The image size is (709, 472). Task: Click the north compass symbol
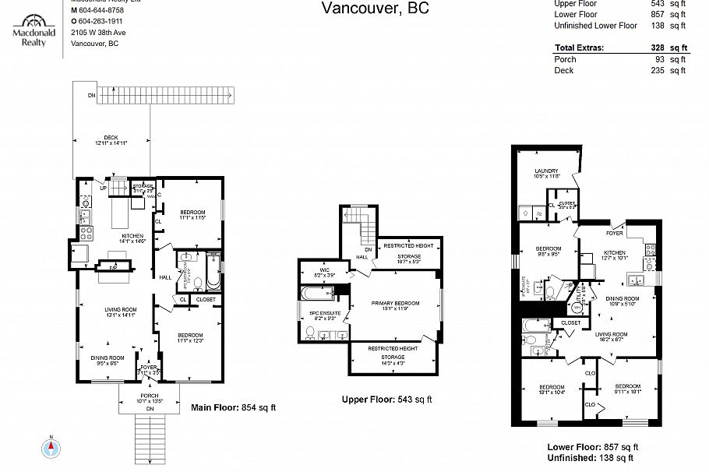tap(52, 448)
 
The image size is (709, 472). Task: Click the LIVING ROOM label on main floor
tap(121, 310)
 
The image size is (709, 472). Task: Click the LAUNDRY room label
tap(546, 171)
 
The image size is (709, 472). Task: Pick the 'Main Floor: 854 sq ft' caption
tap(234, 407)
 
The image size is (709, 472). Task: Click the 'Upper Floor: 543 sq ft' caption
tap(386, 400)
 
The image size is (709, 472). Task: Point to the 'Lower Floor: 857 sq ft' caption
tap(593, 447)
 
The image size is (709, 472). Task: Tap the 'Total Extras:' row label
tap(579, 48)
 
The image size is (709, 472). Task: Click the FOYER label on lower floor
tap(614, 232)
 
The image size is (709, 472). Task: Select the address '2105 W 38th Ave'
tap(97, 33)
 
